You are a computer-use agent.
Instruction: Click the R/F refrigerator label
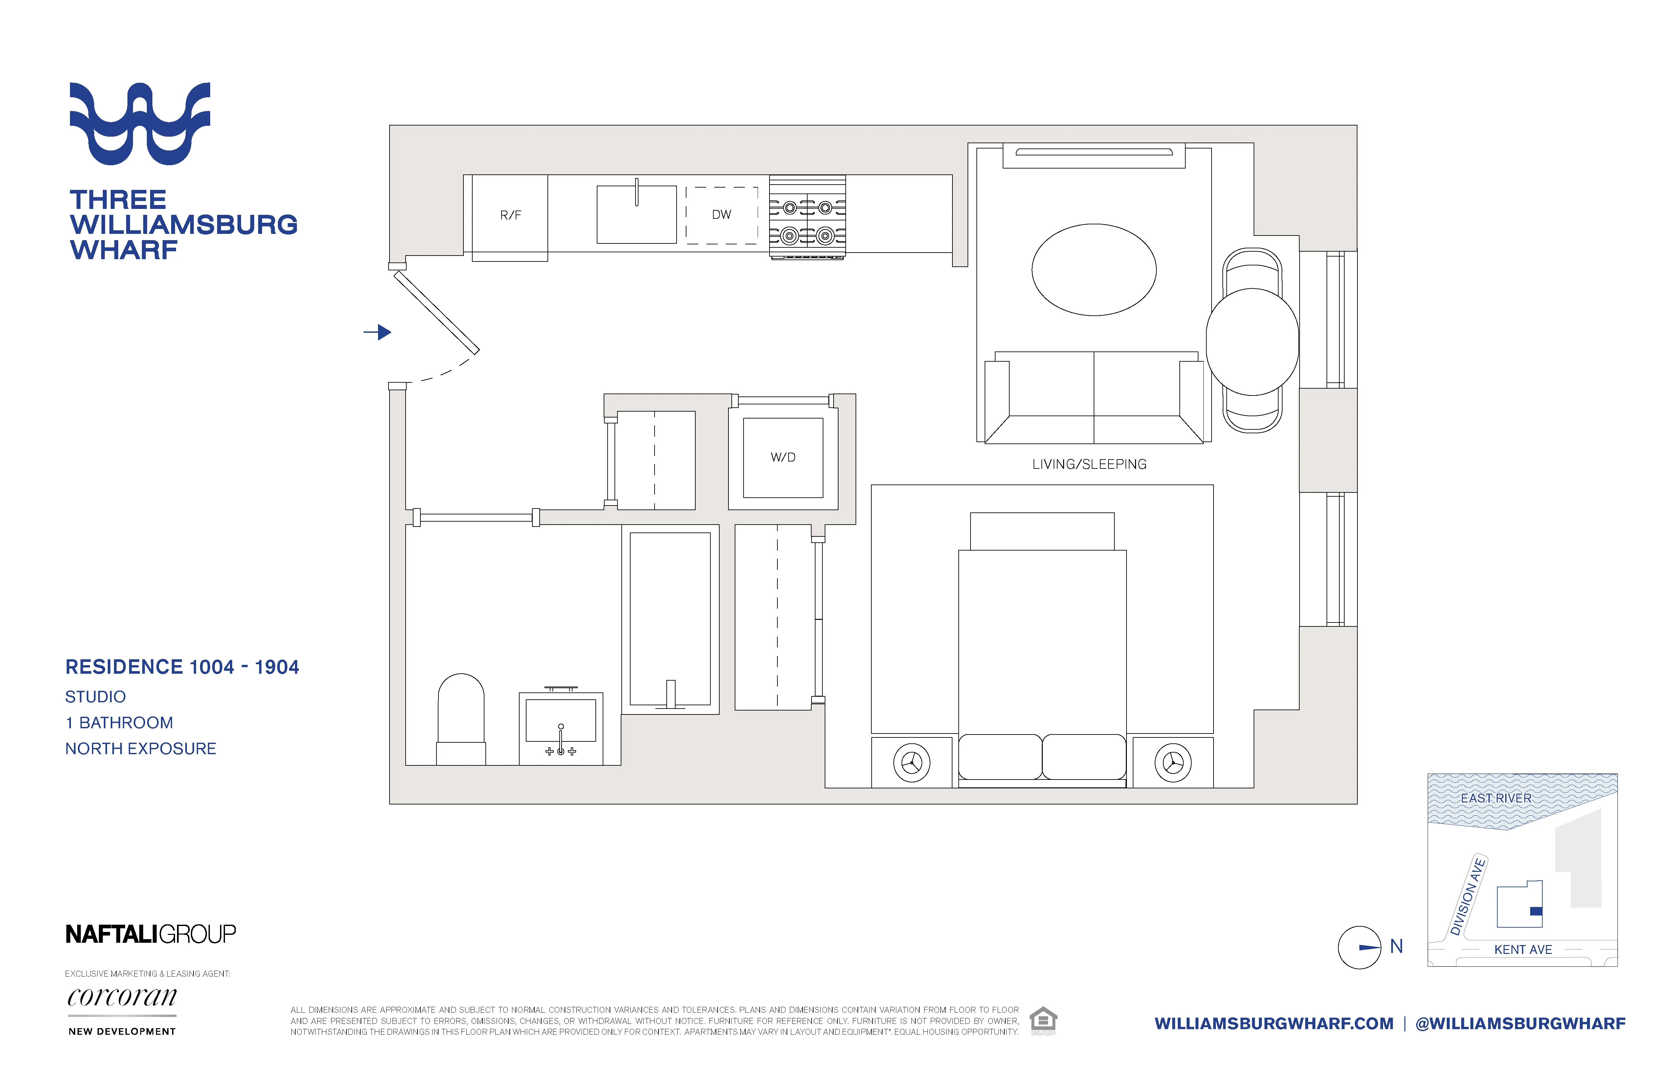[510, 215]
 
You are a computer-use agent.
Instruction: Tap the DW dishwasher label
[721, 215]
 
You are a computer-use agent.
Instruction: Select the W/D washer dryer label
[783, 458]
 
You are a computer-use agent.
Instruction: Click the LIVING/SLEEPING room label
[1089, 464]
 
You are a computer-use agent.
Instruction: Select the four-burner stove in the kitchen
[807, 218]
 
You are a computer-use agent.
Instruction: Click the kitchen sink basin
[636, 215]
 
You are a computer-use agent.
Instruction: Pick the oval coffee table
[1094, 270]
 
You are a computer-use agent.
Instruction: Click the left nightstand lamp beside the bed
[911, 762]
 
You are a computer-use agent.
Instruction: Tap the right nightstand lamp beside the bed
[1172, 762]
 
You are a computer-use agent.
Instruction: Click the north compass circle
[1359, 947]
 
